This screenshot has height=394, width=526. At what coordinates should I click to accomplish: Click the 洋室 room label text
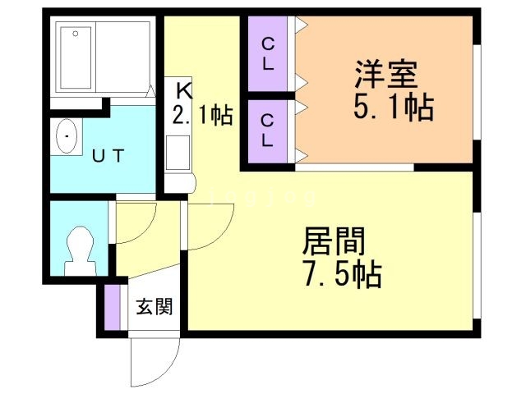[387, 74]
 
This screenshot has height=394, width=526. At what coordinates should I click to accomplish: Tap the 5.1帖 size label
[394, 108]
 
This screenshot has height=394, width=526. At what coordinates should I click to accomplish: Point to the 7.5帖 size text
[343, 274]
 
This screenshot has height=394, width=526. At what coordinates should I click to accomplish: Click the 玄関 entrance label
[155, 306]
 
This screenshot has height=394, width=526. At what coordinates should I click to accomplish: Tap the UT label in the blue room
[108, 156]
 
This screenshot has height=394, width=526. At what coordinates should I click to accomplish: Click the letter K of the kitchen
[184, 90]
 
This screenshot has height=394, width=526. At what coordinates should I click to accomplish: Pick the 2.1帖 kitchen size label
[203, 115]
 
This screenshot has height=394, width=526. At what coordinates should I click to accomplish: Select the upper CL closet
[267, 53]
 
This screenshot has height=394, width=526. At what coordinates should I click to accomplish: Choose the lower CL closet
[267, 131]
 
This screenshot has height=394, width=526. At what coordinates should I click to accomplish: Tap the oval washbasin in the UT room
[67, 136]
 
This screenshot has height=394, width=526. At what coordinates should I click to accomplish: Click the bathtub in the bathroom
[76, 57]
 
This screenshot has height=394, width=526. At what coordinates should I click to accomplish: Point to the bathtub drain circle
[76, 34]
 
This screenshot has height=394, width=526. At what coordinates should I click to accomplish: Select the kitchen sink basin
[178, 153]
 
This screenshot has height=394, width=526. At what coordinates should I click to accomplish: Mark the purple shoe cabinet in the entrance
[112, 307]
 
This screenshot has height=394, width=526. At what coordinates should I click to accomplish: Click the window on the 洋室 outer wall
[477, 92]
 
